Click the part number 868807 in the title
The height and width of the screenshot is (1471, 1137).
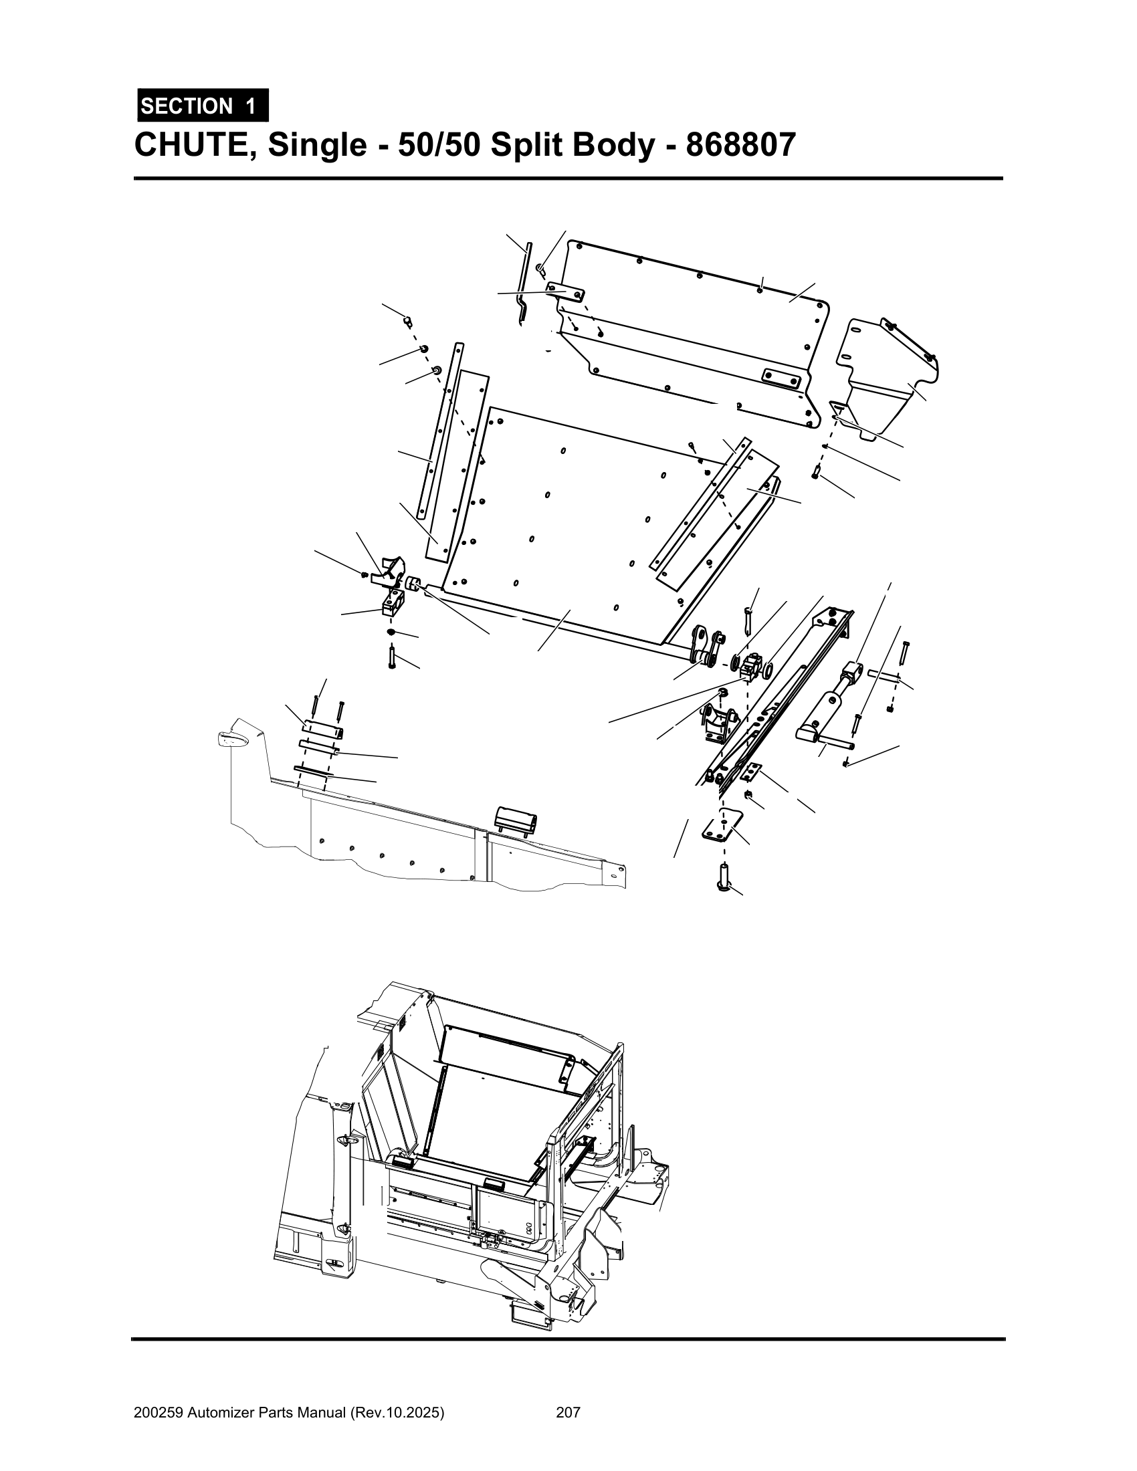(x=740, y=144)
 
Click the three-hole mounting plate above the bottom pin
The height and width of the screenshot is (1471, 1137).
(x=722, y=826)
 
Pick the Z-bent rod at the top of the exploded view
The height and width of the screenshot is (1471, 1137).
(x=525, y=283)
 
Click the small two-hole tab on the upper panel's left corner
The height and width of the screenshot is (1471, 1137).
(x=565, y=291)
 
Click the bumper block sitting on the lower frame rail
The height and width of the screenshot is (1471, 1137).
(x=516, y=820)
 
